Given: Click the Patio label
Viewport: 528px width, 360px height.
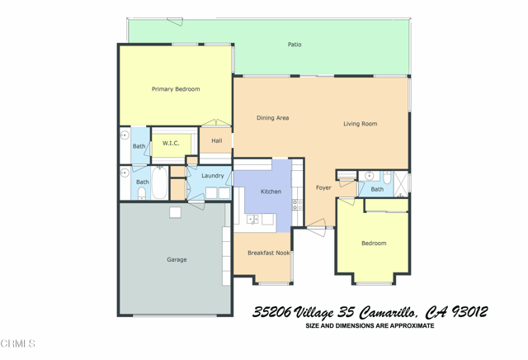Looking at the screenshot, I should tap(295, 45).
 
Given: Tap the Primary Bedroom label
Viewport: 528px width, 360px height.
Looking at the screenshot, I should tap(176, 89).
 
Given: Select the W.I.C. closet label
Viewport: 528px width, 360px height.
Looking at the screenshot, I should tap(171, 144).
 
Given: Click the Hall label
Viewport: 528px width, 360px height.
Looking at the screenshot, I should tap(217, 141).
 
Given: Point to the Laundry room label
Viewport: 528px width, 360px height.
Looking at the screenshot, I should tap(212, 176).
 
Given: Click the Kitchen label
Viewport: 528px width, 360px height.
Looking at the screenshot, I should tap(271, 192).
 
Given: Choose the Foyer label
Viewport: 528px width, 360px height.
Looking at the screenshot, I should tap(323, 188).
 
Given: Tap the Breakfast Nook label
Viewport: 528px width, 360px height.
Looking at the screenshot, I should tap(268, 253).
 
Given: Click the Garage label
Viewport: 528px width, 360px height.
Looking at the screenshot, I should tap(177, 259).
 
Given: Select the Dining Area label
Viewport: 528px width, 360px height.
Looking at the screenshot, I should tap(272, 118).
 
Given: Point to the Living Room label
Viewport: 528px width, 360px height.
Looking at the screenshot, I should tap(361, 124).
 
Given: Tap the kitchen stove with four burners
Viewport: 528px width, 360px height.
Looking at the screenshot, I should tap(297, 204).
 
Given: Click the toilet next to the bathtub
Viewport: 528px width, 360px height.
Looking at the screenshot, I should tap(141, 193).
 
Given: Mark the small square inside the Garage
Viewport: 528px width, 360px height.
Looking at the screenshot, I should tap(175, 212).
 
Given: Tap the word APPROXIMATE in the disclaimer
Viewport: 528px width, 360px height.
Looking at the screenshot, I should tap(407, 326).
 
